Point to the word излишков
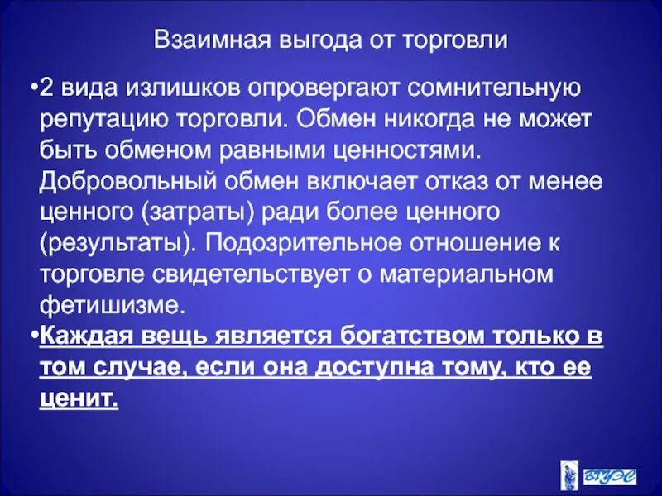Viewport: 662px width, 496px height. tap(189, 88)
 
